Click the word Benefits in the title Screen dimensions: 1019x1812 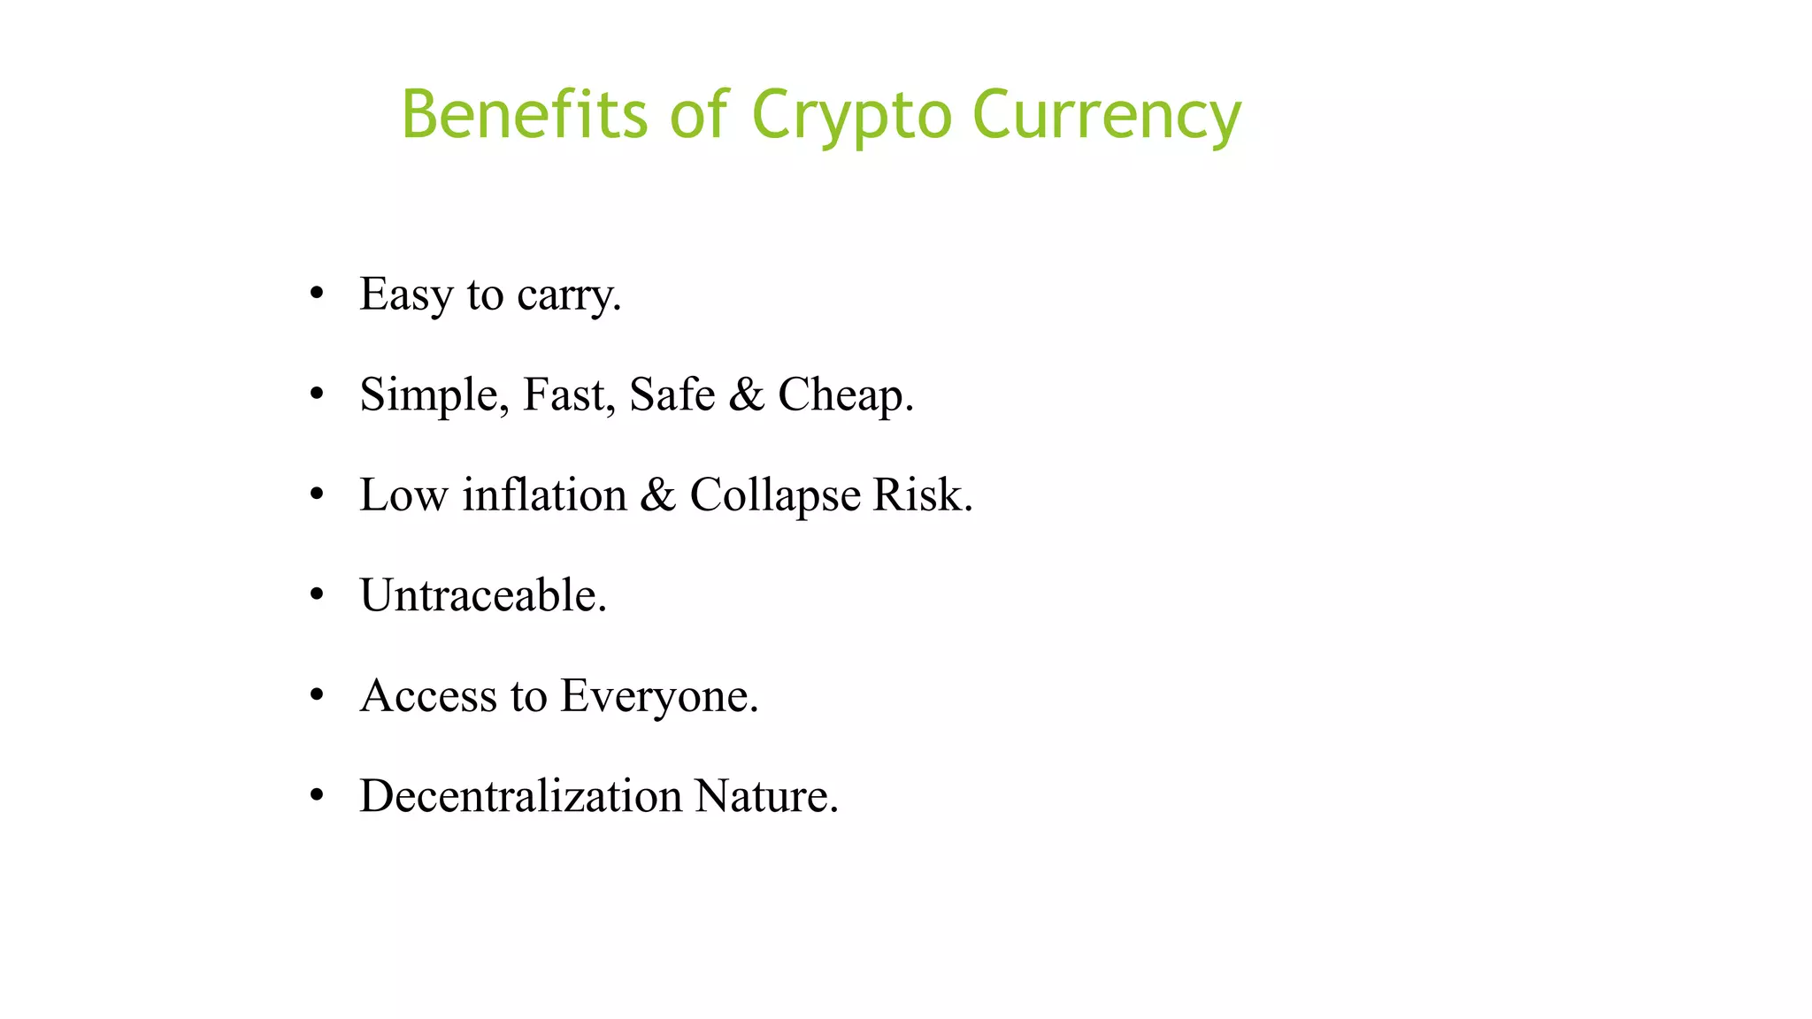tap(525, 115)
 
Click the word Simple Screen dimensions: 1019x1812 tap(434, 395)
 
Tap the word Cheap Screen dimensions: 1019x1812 tap(845, 395)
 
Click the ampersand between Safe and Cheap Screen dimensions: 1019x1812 tap(746, 395)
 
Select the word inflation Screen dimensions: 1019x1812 tap(544, 494)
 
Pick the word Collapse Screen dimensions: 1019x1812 tap(774, 495)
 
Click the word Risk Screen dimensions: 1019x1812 tap(922, 494)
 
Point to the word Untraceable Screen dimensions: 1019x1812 tap(482, 595)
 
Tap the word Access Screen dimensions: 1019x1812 tap(428, 695)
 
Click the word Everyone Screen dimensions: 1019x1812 tap(659, 696)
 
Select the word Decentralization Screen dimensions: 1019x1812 tap(520, 796)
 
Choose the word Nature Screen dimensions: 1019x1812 tap(765, 796)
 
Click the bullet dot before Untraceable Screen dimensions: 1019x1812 tap(317, 595)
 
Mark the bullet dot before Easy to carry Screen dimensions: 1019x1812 tap(317, 294)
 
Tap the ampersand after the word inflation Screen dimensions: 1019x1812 tap(657, 494)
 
